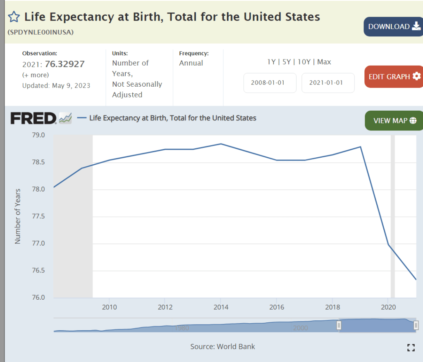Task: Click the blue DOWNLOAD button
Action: (393, 27)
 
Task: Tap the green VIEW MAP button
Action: (394, 121)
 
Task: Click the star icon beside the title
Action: (14, 17)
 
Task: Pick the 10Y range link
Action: (304, 62)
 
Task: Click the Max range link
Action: (324, 62)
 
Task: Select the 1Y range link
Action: (271, 62)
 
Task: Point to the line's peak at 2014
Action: (221, 144)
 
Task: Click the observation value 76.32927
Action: (67, 64)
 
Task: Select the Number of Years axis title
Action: (18, 217)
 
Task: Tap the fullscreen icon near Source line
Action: (411, 347)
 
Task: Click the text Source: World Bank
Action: (222, 346)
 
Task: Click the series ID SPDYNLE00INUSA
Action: (41, 32)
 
